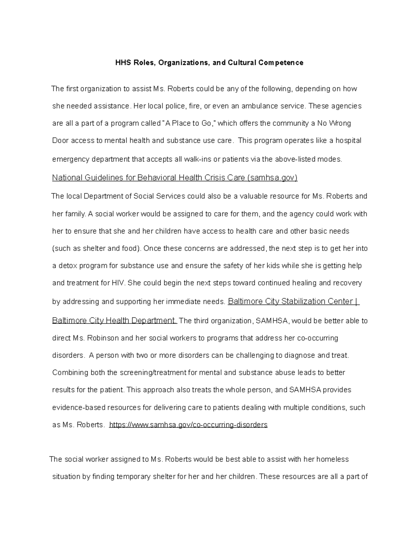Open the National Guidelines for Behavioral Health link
(x=175, y=178)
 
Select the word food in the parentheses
(x=131, y=249)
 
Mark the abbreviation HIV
(x=118, y=283)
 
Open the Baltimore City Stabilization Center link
(x=293, y=302)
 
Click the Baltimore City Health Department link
(x=115, y=321)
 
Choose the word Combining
(x=70, y=373)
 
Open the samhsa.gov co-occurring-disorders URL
(x=188, y=425)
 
